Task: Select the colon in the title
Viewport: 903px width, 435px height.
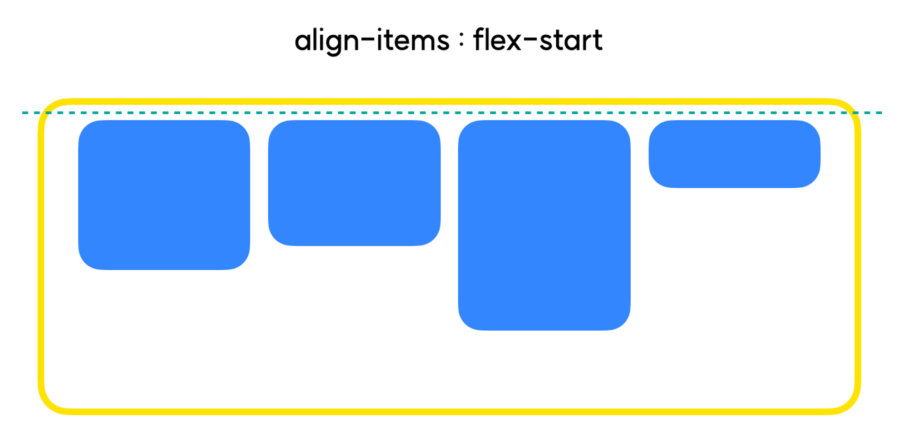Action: click(461, 40)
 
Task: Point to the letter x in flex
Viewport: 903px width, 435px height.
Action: click(513, 42)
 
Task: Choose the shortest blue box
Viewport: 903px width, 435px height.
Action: click(734, 154)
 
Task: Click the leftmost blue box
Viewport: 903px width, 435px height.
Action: click(164, 195)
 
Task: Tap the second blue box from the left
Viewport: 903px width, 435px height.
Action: click(354, 183)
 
